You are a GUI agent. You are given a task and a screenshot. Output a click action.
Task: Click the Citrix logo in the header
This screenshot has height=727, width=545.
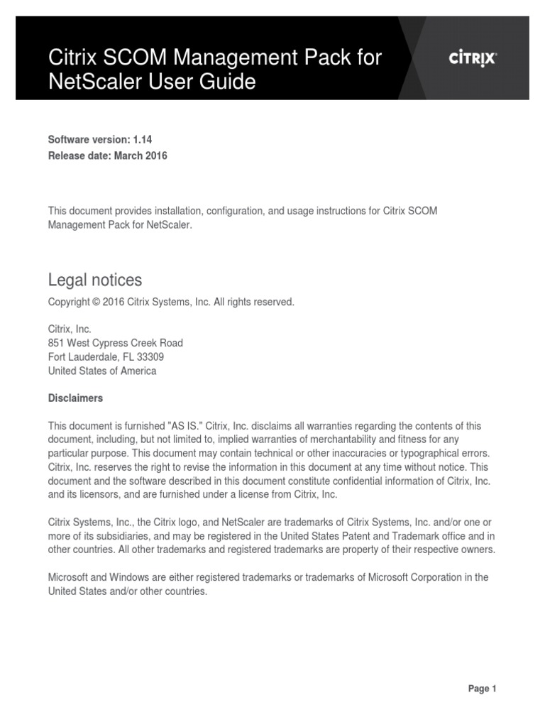coord(473,60)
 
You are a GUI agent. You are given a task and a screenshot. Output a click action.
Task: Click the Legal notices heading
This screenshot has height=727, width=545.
coord(94,280)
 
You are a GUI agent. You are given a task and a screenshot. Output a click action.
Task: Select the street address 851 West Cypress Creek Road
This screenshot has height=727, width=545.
coord(115,343)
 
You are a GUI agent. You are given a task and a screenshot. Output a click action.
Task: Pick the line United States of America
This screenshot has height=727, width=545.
coord(102,371)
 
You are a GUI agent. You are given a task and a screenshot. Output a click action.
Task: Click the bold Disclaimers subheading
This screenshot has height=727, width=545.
coord(75,398)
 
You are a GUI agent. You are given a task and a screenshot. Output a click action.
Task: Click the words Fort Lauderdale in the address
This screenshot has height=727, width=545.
coord(79,356)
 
